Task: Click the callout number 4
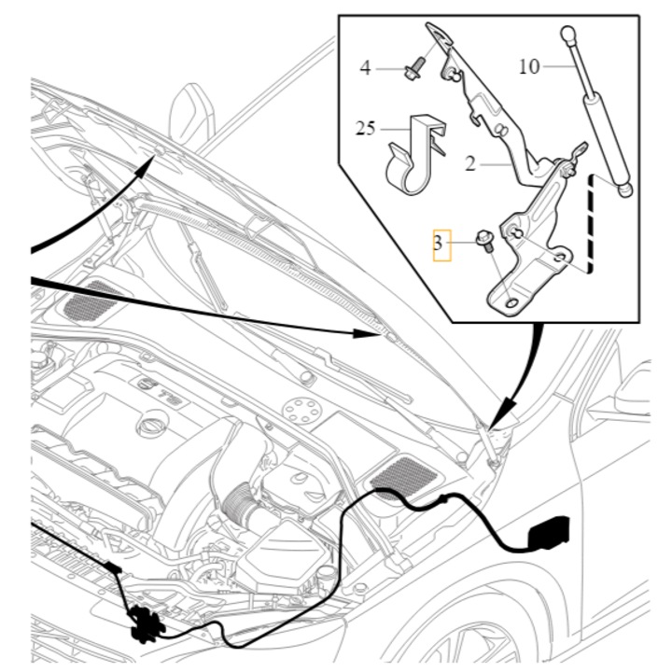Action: click(365, 68)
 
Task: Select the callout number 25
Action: click(366, 128)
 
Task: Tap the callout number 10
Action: click(529, 67)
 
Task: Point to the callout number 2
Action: click(470, 163)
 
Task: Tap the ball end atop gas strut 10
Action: click(568, 34)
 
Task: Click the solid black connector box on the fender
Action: click(550, 532)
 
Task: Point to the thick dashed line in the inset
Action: click(590, 224)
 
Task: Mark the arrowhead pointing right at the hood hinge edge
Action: click(366, 332)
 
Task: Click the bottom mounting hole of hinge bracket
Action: click(512, 303)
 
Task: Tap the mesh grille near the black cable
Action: click(404, 475)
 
